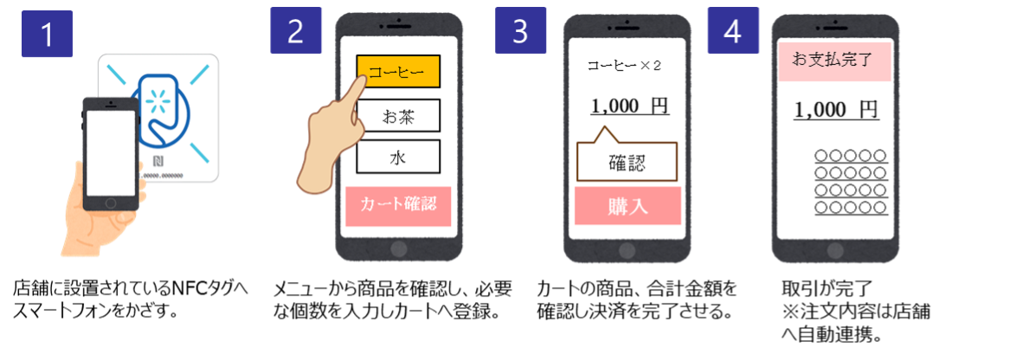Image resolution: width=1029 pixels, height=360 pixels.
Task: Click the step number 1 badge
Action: [47, 34]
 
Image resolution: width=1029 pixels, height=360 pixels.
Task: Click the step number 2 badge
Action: [296, 30]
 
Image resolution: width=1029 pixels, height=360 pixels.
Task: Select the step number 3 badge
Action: [520, 30]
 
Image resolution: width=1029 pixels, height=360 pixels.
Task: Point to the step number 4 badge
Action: [733, 30]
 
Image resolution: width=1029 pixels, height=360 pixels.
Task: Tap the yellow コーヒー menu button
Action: [398, 72]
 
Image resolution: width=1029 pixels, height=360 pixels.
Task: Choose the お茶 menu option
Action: [398, 117]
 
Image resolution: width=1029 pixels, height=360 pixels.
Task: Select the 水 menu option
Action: [398, 157]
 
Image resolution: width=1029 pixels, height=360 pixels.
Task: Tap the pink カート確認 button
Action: [398, 206]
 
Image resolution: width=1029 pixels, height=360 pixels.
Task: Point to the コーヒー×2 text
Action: [623, 66]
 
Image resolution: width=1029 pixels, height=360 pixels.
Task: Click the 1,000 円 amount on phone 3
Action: [629, 106]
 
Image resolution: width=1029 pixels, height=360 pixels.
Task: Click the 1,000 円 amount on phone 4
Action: [835, 110]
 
